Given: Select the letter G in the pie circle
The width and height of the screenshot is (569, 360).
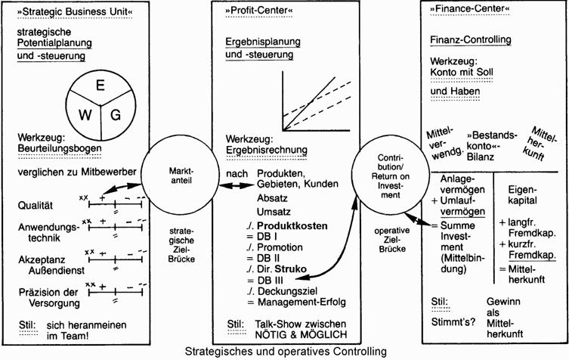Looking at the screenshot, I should [x=116, y=114].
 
